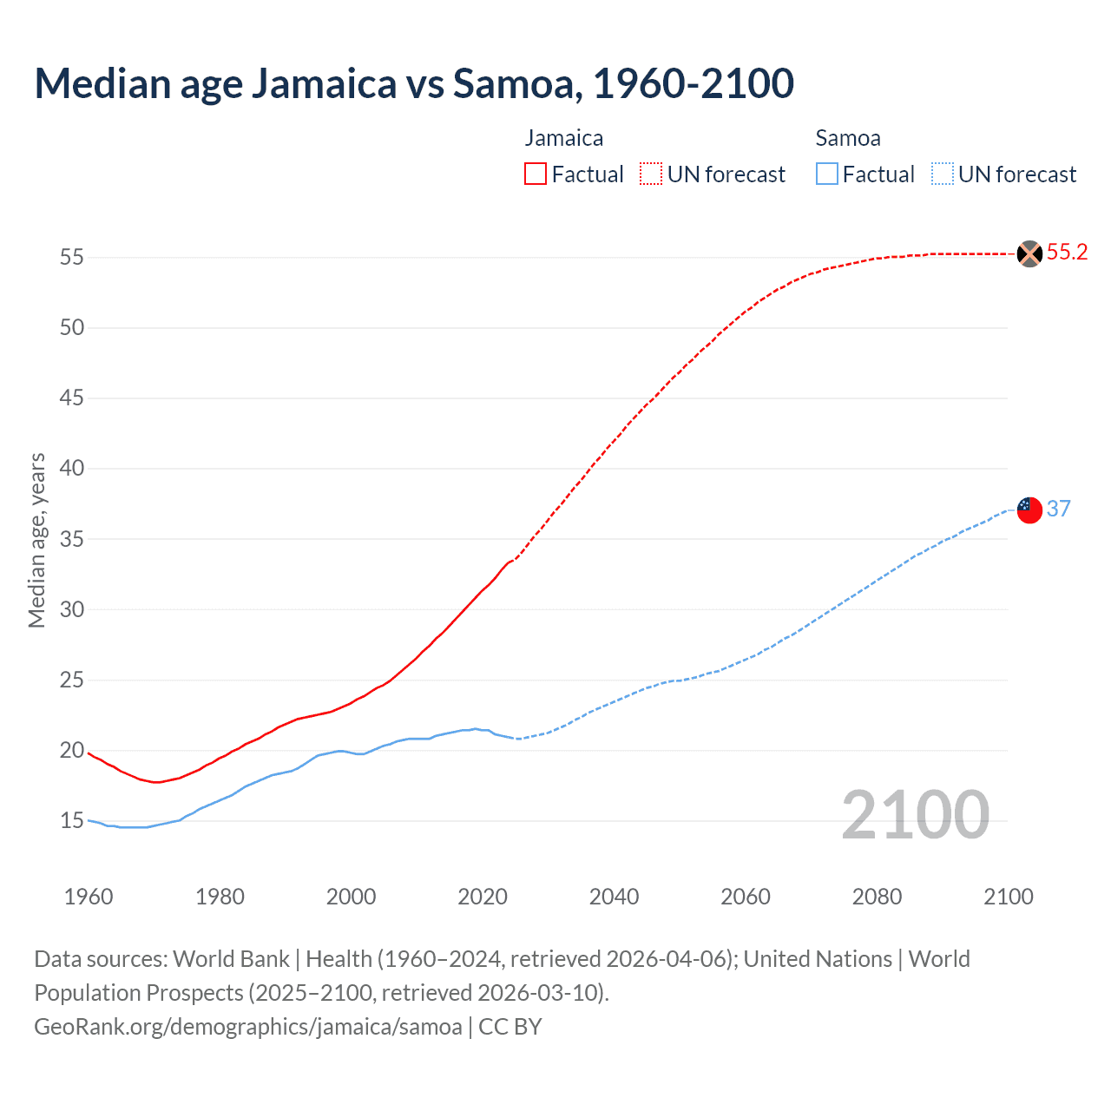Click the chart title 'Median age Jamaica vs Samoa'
pyautogui.click(x=414, y=83)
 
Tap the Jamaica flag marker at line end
pyautogui.click(x=1029, y=253)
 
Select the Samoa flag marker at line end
pyautogui.click(x=1029, y=509)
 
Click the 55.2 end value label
pyautogui.click(x=1067, y=253)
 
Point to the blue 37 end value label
pyautogui.click(x=1058, y=509)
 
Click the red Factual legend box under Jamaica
pyautogui.click(x=536, y=174)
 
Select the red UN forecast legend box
pyautogui.click(x=651, y=174)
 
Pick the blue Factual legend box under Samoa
pyautogui.click(x=827, y=174)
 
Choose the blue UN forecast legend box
pyautogui.click(x=942, y=174)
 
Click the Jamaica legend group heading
pyautogui.click(x=564, y=138)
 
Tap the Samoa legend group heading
pyautogui.click(x=848, y=138)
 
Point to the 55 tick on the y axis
pyautogui.click(x=72, y=258)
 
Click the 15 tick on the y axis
pyautogui.click(x=72, y=821)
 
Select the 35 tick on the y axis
pyautogui.click(x=72, y=539)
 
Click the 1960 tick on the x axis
pyautogui.click(x=89, y=897)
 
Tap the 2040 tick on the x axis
pyautogui.click(x=614, y=897)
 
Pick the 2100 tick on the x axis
pyautogui.click(x=1009, y=897)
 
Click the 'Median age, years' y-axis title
pyautogui.click(x=36, y=540)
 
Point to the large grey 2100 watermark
pyautogui.click(x=915, y=815)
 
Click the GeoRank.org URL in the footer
pyautogui.click(x=248, y=1027)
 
